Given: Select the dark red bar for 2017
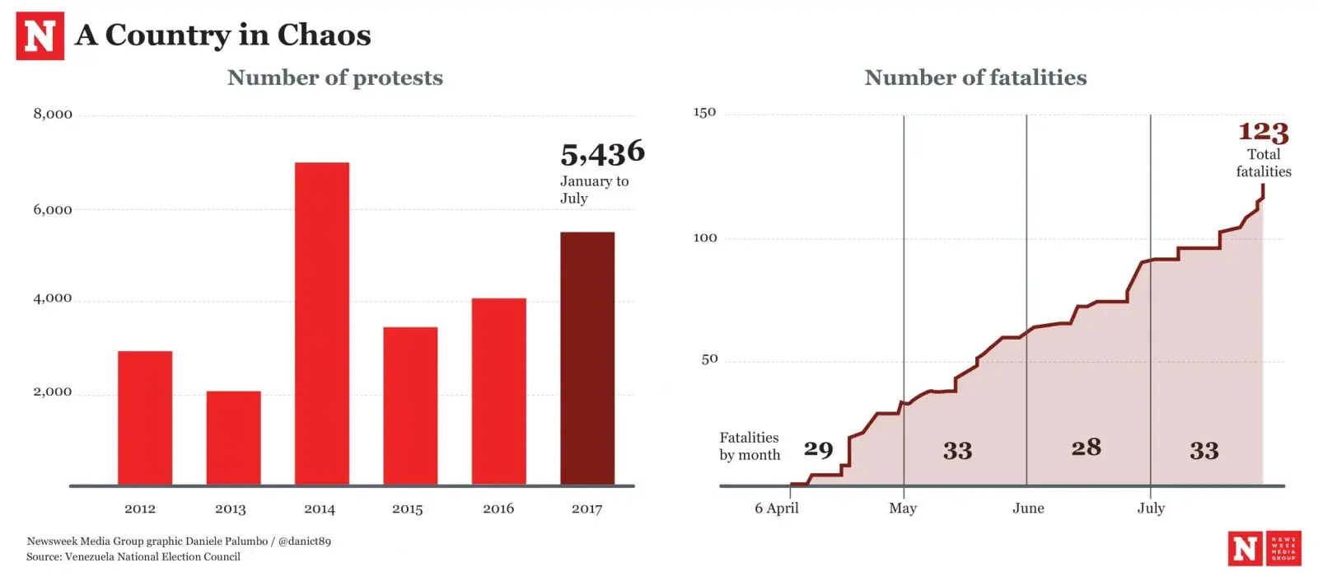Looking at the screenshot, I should (x=587, y=359).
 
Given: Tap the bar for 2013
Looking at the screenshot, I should (x=233, y=438).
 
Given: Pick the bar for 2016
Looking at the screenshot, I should (x=498, y=392).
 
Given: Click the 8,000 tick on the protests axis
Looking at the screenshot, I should (x=53, y=114).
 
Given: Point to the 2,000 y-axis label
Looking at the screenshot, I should (x=53, y=392).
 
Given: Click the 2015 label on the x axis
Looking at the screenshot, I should (x=407, y=509).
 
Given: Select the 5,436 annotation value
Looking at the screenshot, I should (x=602, y=153).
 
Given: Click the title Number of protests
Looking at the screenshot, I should (x=334, y=77).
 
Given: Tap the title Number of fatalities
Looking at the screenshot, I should (x=975, y=77).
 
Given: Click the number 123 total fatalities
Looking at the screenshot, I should (x=1263, y=132).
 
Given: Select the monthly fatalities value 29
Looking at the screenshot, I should (x=818, y=449).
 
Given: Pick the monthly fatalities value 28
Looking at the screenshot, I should (x=1086, y=447).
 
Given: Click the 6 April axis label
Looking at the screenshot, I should (x=776, y=508).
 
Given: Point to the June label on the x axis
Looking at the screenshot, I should (x=1028, y=508).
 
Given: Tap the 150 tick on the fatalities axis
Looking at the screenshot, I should (x=704, y=112).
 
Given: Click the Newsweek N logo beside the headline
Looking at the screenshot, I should (x=40, y=36).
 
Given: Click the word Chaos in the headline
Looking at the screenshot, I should (x=324, y=35).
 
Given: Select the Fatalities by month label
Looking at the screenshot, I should (x=749, y=446).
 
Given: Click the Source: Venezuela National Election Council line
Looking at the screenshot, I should (x=133, y=556).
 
